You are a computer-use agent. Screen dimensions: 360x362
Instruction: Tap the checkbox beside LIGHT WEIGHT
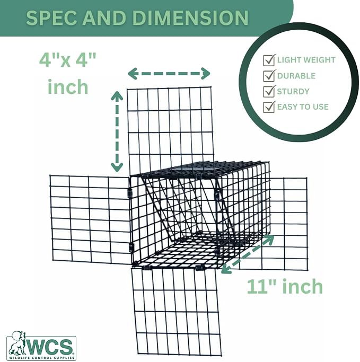click(x=269, y=60)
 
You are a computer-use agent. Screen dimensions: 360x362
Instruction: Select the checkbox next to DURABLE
click(x=269, y=75)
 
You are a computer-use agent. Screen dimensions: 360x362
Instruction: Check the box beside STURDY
click(x=269, y=91)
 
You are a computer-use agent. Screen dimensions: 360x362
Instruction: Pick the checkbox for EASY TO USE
click(x=269, y=107)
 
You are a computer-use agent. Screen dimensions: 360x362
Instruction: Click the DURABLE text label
click(x=296, y=76)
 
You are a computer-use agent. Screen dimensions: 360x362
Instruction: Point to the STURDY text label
click(x=293, y=92)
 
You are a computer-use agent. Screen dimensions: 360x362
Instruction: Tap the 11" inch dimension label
click(x=285, y=287)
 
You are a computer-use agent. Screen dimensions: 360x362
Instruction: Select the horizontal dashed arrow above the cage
click(x=169, y=74)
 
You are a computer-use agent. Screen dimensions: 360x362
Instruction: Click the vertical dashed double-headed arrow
click(x=117, y=131)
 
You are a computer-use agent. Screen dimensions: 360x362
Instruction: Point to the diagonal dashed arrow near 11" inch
click(x=248, y=254)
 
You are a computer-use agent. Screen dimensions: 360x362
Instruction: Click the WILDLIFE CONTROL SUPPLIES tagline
click(x=41, y=358)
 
